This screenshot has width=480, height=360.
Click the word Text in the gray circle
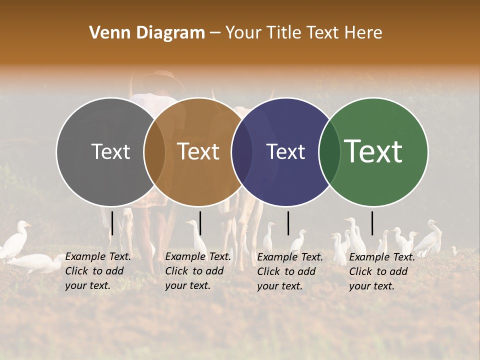tap(111, 152)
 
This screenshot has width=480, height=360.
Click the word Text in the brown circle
tap(198, 152)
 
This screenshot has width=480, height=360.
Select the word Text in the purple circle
tap(286, 152)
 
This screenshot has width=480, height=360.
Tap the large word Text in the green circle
tap(373, 151)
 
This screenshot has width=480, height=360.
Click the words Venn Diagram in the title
tap(147, 33)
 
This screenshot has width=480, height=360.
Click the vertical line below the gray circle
tap(112, 223)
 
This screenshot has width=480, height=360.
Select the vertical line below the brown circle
tap(200, 223)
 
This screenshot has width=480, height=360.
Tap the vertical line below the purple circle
tap(288, 223)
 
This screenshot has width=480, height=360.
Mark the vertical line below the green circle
tap(372, 223)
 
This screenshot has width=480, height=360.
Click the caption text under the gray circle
tap(98, 271)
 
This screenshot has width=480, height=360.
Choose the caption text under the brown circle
tap(198, 271)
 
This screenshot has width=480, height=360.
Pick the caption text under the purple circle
tap(290, 271)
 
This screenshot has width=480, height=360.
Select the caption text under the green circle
tap(382, 271)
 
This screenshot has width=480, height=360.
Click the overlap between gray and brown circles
tap(154, 152)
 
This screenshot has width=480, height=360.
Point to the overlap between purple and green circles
tap(329, 152)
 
